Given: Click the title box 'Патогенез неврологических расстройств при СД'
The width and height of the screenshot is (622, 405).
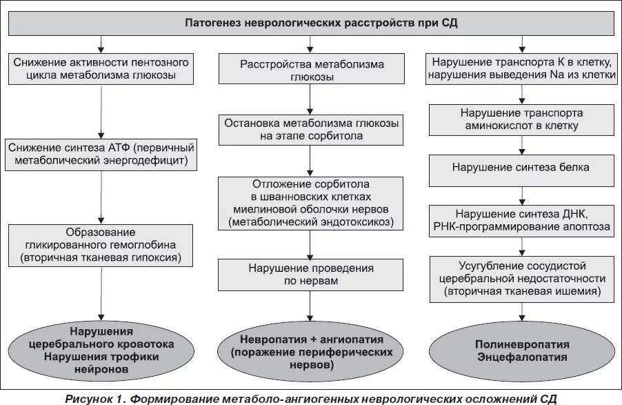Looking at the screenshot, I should coord(312,23).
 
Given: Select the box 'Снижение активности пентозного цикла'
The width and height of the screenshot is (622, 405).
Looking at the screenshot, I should coord(101,69).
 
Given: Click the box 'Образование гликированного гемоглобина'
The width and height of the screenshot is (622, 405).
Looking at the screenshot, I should coord(101,246).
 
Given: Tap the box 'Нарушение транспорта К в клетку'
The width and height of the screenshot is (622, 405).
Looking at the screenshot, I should coord(521,69).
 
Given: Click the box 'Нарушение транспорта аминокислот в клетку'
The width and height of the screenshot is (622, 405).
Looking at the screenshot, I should coord(521,119).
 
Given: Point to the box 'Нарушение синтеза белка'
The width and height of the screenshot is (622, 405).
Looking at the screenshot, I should coord(521,168).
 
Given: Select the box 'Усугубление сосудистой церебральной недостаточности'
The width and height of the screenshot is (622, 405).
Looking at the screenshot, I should coord(521,279).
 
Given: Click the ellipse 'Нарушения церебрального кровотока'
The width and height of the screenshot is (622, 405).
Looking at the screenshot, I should coord(101,350).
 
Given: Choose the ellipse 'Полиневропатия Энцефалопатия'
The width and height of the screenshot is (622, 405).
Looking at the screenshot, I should coord(521,350).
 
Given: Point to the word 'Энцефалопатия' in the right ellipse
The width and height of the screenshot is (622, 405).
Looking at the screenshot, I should coord(521,357).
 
